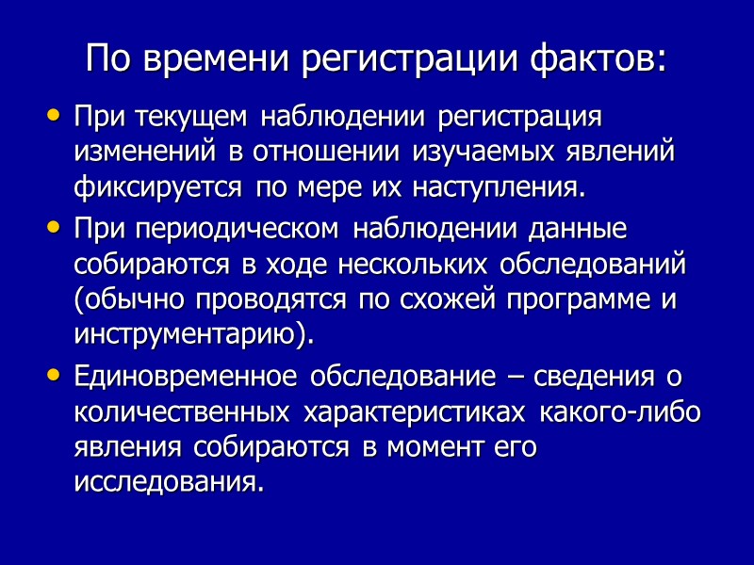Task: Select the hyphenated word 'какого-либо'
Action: [621, 413]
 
